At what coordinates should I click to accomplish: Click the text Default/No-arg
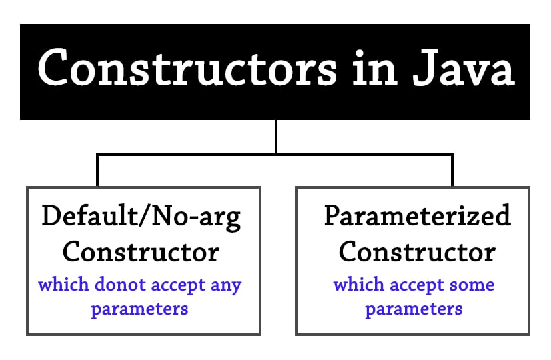click(141, 217)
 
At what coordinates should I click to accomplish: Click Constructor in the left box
click(141, 251)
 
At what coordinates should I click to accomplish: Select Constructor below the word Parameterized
click(417, 251)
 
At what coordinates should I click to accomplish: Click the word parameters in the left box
click(139, 309)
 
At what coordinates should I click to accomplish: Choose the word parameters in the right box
click(414, 309)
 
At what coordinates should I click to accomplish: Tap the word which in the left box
click(61, 285)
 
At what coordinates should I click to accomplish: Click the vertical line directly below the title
click(275, 137)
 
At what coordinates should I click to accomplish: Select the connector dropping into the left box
click(97, 171)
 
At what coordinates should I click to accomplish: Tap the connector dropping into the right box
click(452, 171)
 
